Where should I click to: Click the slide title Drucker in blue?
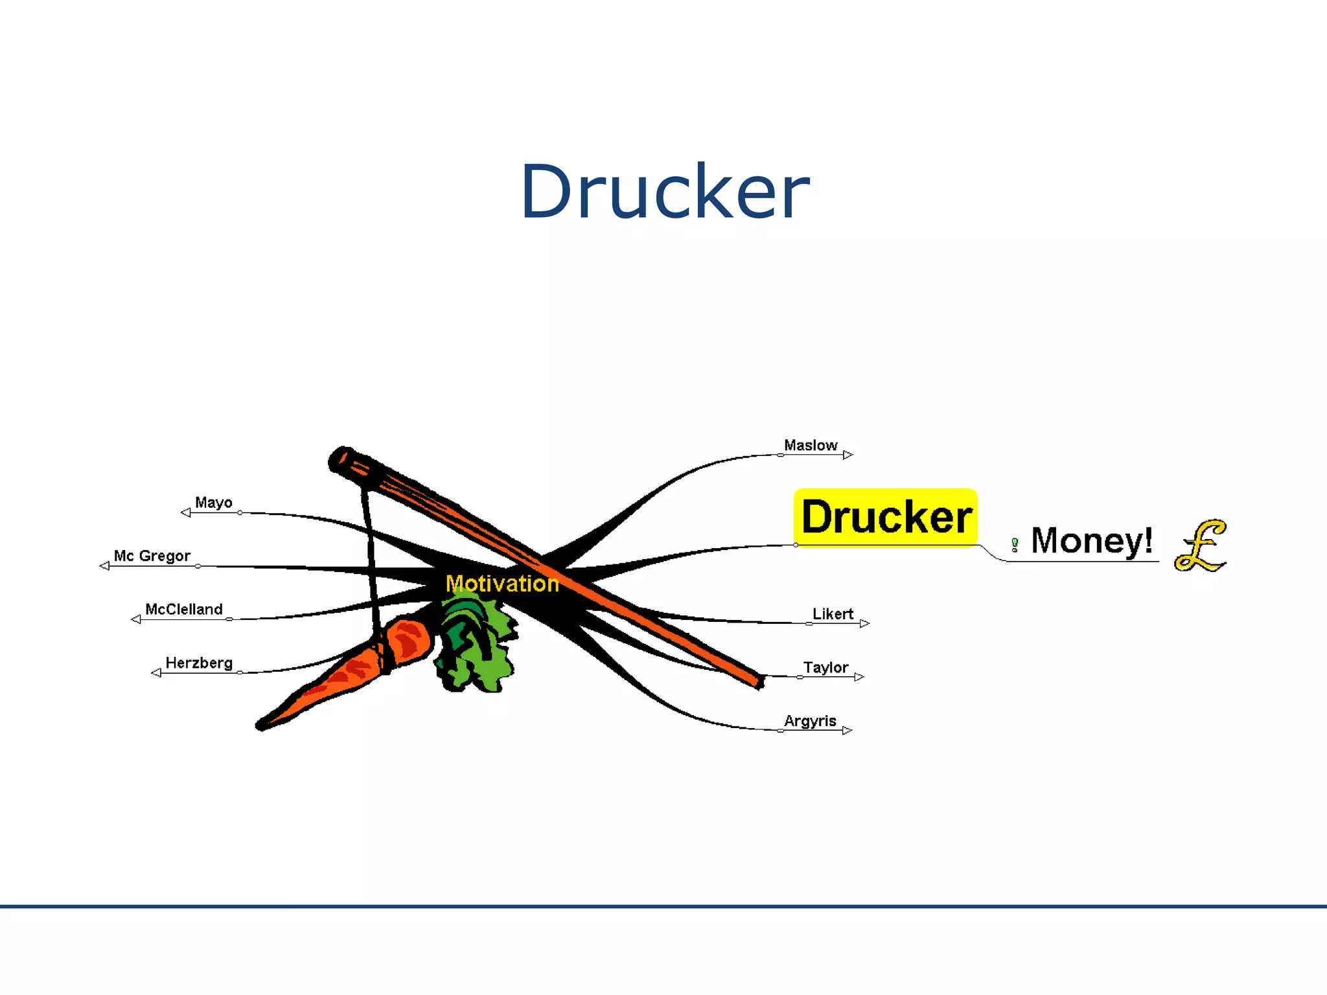pos(664,192)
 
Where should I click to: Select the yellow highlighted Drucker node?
pos(886,517)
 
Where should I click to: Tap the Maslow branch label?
pos(810,446)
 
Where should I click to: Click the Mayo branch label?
pos(213,503)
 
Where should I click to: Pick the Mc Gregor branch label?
pos(152,556)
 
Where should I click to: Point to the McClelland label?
pos(183,610)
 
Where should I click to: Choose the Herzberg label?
pos(199,663)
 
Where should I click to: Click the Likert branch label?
pos(833,614)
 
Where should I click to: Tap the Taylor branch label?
pos(825,668)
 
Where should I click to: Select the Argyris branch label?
pos(810,721)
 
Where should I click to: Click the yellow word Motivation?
pos(502,584)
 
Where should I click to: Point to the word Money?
pos(1091,541)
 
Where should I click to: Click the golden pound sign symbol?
pos(1201,545)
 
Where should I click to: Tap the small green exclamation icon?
pos(1015,545)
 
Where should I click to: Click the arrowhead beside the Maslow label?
pos(848,455)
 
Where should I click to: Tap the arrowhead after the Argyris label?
pos(847,731)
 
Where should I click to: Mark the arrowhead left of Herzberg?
pos(156,673)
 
